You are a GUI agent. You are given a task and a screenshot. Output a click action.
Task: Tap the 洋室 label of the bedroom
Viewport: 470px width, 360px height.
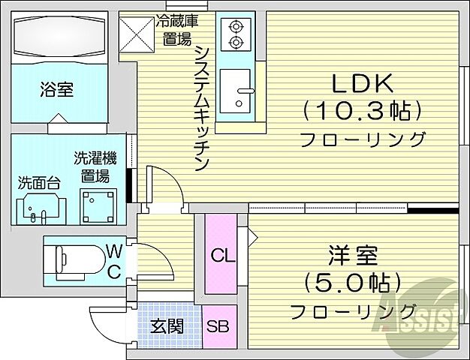coord(351,254)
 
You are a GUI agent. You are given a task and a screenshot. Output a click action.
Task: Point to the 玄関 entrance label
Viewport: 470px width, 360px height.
coord(166,327)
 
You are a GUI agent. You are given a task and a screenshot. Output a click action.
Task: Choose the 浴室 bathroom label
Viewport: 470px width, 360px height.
coord(57,91)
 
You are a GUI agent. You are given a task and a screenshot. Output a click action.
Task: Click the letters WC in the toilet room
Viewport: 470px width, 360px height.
coord(115,259)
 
